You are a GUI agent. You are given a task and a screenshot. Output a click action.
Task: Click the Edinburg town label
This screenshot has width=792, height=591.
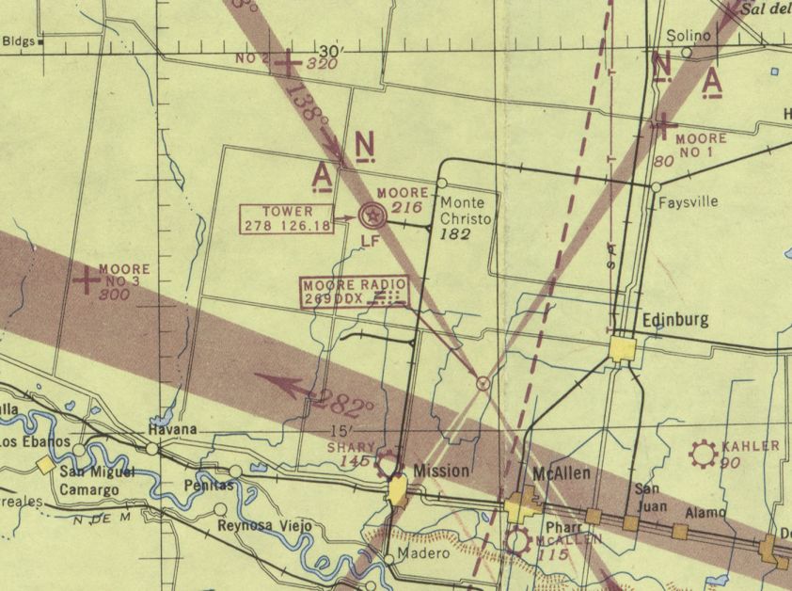click(674, 320)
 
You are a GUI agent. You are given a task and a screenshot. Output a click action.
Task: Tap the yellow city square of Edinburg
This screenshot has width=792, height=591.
click(621, 349)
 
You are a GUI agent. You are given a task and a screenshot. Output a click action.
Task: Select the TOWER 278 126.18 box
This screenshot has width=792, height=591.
click(288, 218)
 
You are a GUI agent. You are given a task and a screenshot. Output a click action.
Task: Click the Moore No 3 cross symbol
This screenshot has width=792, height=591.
click(87, 280)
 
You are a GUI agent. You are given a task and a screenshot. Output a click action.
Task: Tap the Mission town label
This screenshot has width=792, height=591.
click(441, 470)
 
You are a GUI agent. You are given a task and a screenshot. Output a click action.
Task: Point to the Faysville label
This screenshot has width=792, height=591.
click(689, 201)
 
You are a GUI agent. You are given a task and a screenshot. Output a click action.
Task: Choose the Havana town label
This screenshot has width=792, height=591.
click(172, 430)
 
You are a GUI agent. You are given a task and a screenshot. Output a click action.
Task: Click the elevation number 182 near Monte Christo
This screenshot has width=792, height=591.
click(454, 233)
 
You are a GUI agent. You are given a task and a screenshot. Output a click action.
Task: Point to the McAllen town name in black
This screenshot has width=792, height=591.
click(562, 473)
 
